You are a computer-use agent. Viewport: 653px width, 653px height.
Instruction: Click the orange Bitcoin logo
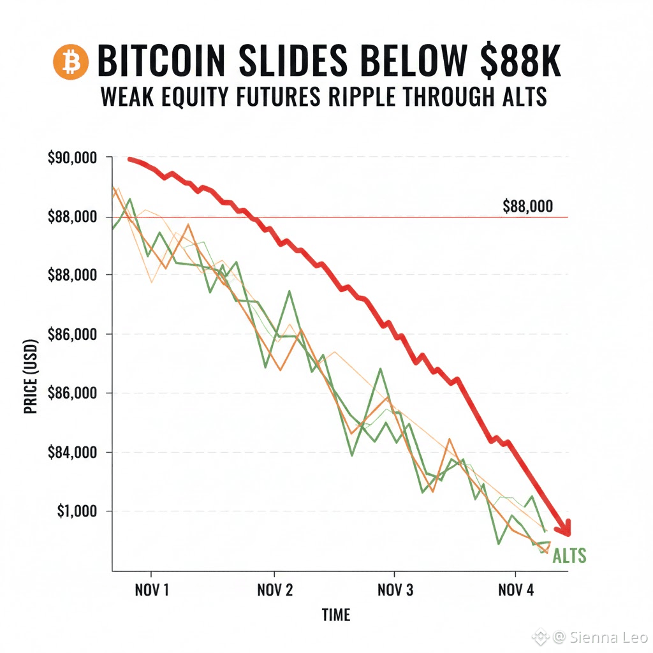[x=71, y=62]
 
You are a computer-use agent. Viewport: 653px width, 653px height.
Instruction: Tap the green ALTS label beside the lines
[x=569, y=556]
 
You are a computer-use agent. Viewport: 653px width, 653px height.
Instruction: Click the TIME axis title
[x=335, y=615]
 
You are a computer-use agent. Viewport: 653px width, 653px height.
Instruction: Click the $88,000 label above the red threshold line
[x=527, y=207]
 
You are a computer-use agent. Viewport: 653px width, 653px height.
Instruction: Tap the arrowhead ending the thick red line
[x=564, y=527]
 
